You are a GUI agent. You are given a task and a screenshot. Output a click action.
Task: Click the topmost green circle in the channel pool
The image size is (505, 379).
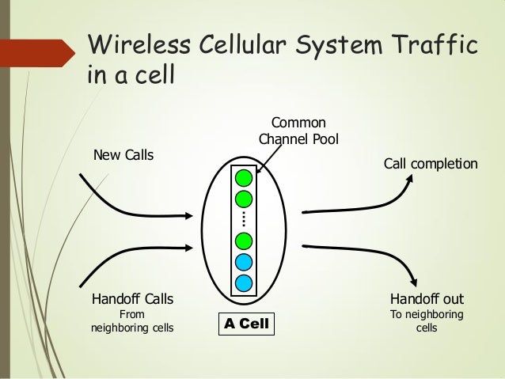[x=244, y=177]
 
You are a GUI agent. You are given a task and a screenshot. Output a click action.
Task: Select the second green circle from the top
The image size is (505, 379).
[x=244, y=198]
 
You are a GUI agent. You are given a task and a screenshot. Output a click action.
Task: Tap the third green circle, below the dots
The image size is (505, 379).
[x=244, y=240]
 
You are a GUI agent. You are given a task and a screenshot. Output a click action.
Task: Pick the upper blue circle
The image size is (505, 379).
[x=244, y=261]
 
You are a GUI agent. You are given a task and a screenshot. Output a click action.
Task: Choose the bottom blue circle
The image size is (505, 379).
[x=244, y=282]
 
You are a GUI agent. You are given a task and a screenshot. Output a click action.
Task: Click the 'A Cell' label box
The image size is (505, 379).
[x=246, y=324]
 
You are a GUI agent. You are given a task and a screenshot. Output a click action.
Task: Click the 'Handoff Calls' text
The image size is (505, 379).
[x=133, y=300]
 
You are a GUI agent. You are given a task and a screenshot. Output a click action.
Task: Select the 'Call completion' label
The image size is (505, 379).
[x=431, y=164]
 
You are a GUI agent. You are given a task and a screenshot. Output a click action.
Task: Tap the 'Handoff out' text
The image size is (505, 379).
[x=427, y=300]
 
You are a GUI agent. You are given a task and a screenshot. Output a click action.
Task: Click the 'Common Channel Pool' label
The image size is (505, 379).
[x=298, y=131]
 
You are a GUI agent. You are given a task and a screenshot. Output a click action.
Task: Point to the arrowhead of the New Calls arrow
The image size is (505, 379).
[x=188, y=214]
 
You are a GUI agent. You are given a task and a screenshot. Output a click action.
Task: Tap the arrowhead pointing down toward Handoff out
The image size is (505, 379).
[x=413, y=280]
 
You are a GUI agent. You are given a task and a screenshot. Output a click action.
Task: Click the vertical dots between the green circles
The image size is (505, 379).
[x=244, y=218]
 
